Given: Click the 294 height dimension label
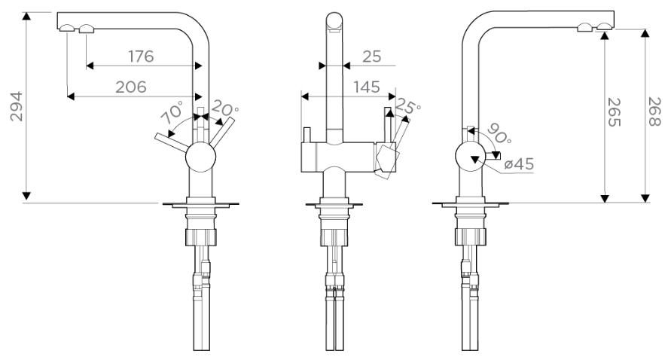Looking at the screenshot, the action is click(17, 106).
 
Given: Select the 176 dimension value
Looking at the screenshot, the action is click(141, 56).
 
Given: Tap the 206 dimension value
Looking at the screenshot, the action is click(131, 87).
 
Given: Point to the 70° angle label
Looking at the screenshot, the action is click(172, 112).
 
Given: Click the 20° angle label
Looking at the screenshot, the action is click(224, 108).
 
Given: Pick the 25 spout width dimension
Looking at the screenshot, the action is click(371, 56).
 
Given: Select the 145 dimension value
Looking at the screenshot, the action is click(367, 87).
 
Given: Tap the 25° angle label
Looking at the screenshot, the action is click(407, 105).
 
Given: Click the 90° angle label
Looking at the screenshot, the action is click(499, 133).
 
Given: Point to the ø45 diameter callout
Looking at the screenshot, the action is click(519, 163).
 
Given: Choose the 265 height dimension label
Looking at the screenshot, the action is click(614, 112).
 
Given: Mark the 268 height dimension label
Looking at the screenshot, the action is click(654, 111).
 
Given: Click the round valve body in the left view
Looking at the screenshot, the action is click(201, 157).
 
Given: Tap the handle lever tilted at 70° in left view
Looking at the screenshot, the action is click(171, 142).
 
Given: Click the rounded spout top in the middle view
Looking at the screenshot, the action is click(334, 20).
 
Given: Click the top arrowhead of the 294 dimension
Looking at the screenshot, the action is click(26, 16).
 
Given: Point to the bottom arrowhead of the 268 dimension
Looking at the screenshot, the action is click(645, 198).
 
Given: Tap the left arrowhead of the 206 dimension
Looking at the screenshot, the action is click(71, 96).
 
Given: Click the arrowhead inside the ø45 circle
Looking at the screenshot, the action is click(474, 160).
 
